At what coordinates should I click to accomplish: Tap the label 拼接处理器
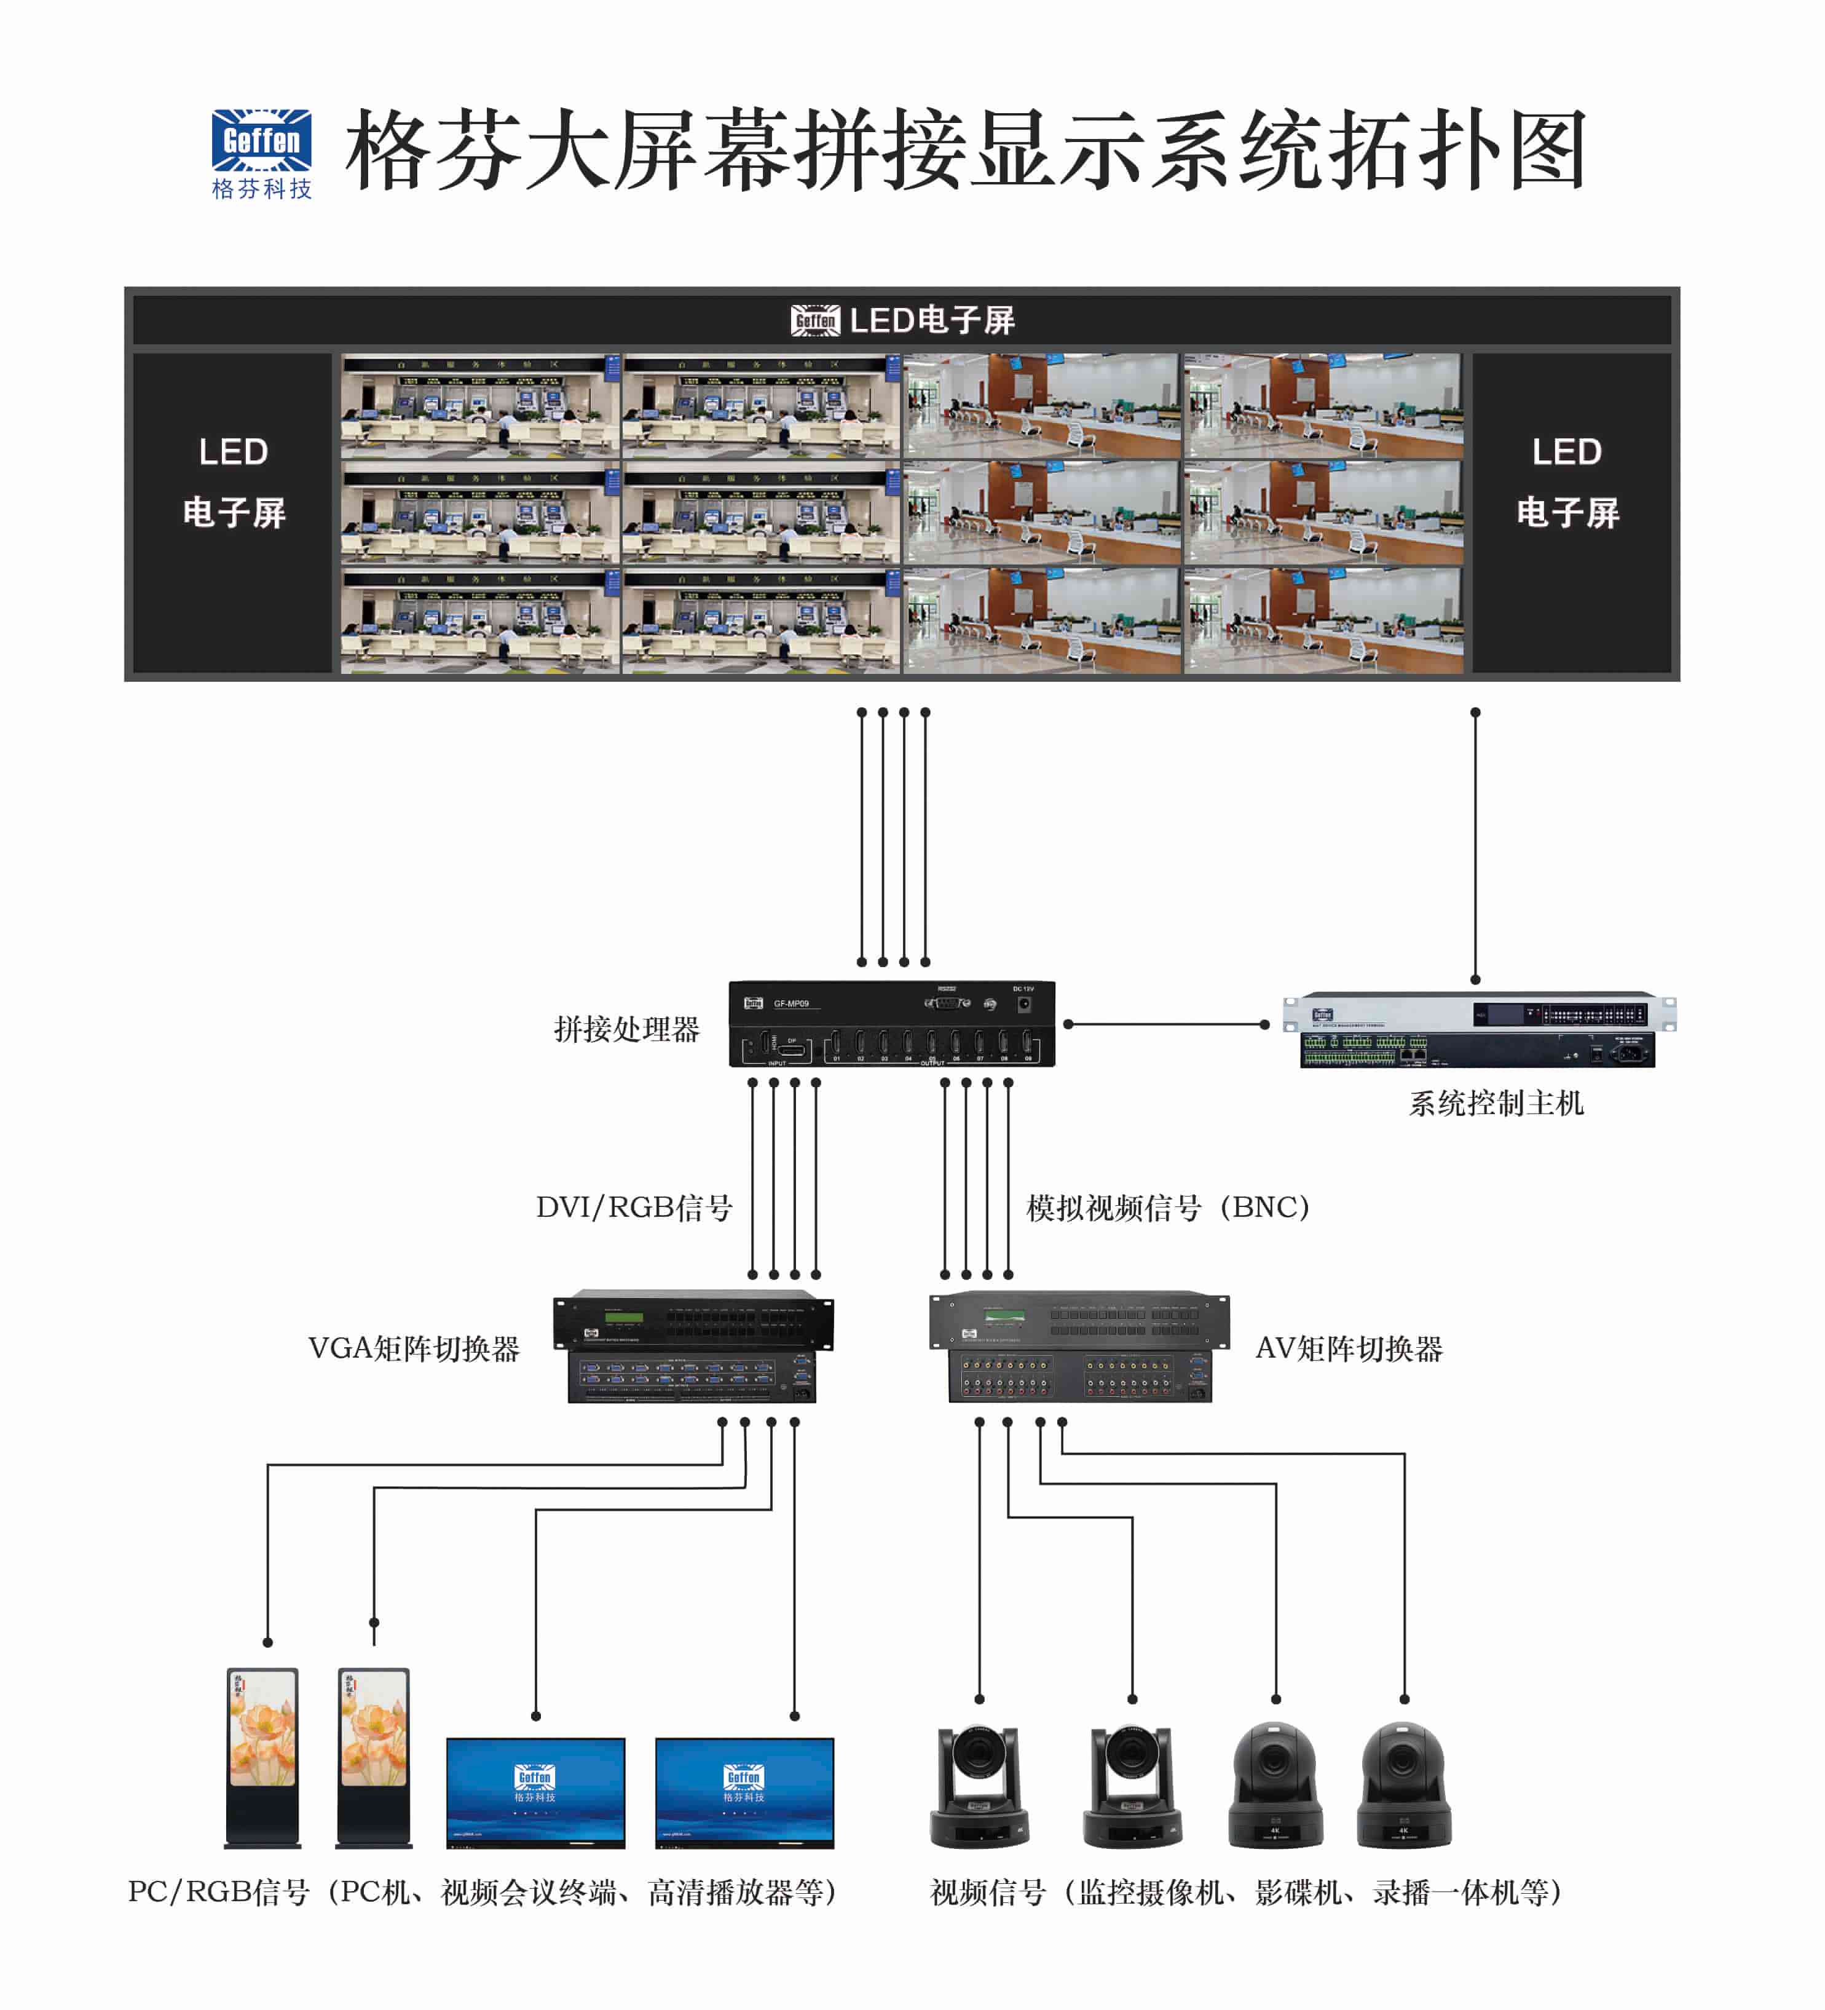627,1029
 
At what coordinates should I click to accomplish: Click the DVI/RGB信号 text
634,1208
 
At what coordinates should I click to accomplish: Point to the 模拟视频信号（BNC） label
1168,1208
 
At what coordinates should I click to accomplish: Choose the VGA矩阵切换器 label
414,1349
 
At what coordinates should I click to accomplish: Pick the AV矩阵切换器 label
1349,1349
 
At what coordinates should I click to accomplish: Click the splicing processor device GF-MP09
892,1024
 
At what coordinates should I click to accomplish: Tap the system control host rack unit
1479,1030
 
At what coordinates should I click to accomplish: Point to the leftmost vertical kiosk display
262,1758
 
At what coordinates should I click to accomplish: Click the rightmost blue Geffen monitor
744,1793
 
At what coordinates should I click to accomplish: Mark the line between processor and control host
1166,1024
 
